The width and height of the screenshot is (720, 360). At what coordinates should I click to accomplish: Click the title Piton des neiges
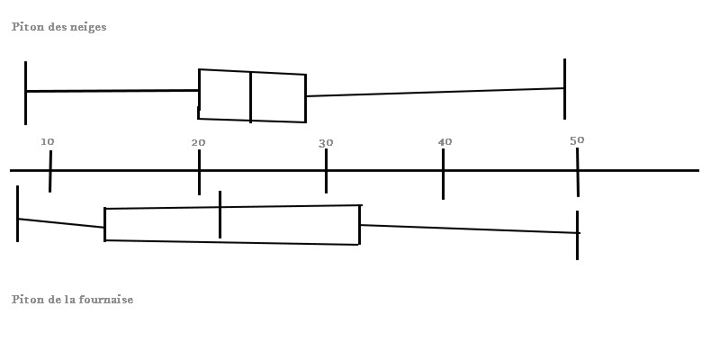[58, 27]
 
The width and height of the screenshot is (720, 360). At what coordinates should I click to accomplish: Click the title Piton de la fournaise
[72, 299]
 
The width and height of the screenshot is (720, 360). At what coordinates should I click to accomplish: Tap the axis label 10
[48, 141]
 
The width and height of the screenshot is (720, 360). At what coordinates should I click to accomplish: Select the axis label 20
[198, 142]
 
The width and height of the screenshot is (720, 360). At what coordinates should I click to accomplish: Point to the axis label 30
[326, 142]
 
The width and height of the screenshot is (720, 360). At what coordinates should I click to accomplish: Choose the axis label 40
[445, 142]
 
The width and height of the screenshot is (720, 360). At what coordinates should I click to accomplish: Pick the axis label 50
[577, 139]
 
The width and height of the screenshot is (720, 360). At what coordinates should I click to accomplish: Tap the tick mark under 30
[326, 180]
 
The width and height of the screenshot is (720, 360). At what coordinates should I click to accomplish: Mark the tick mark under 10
[50, 180]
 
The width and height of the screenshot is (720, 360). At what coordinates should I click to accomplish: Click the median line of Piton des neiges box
[250, 96]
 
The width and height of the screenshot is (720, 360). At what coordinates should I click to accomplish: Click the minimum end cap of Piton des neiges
[25, 93]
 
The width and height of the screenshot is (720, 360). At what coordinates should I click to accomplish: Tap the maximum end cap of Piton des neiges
[564, 88]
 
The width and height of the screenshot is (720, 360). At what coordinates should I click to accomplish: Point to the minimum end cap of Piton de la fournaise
[17, 213]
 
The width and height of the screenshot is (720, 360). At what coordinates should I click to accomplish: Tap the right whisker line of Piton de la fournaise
[468, 229]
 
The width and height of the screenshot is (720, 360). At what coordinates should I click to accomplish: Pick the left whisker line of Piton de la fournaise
[61, 223]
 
